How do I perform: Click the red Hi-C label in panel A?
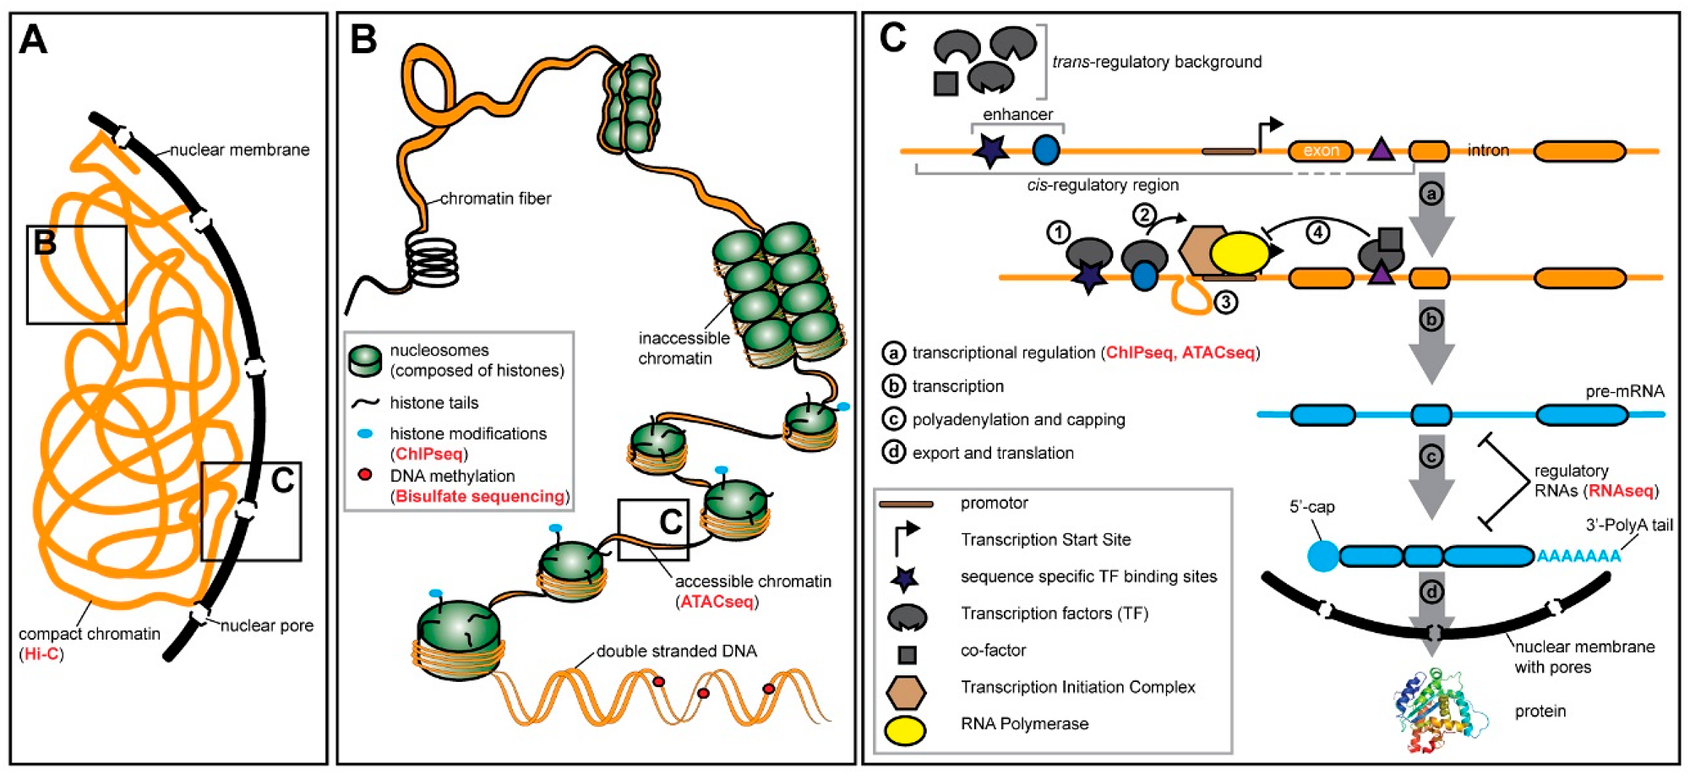click(x=41, y=654)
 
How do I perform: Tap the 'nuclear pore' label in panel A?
click(x=266, y=625)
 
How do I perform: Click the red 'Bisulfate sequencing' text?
click(x=480, y=496)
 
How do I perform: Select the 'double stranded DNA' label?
click(x=676, y=651)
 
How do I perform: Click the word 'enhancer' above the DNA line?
click(x=1017, y=114)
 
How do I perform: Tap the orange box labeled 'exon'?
click(x=1320, y=151)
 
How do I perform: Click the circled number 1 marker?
click(x=1059, y=232)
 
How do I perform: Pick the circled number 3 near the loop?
click(x=1225, y=301)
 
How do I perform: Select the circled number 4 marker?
click(x=1317, y=232)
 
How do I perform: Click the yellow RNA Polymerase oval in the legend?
click(x=905, y=729)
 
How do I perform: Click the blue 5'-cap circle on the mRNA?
click(x=1322, y=556)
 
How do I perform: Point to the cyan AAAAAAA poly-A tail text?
click(x=1578, y=556)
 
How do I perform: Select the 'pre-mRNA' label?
click(x=1624, y=391)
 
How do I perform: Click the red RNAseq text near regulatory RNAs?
click(x=1621, y=491)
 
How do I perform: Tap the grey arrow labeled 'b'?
click(x=1431, y=338)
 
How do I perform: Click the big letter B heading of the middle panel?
click(x=363, y=40)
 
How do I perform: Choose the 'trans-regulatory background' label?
click(x=1156, y=62)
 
